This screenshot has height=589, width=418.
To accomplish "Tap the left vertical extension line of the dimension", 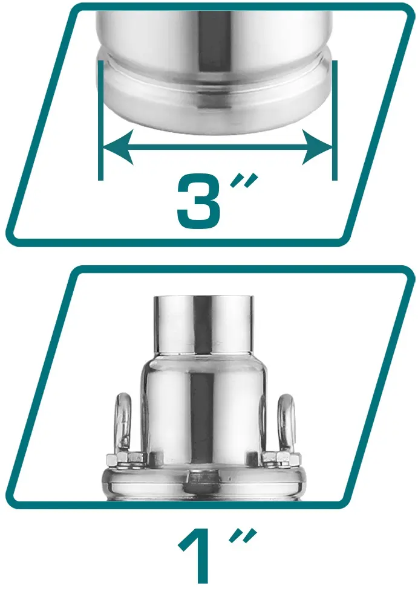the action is [100, 120].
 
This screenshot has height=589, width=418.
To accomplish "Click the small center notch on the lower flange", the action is [203, 482].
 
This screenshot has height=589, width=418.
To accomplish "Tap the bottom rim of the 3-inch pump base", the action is [215, 113].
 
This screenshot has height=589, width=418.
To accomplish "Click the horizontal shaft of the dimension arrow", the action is [217, 147].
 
